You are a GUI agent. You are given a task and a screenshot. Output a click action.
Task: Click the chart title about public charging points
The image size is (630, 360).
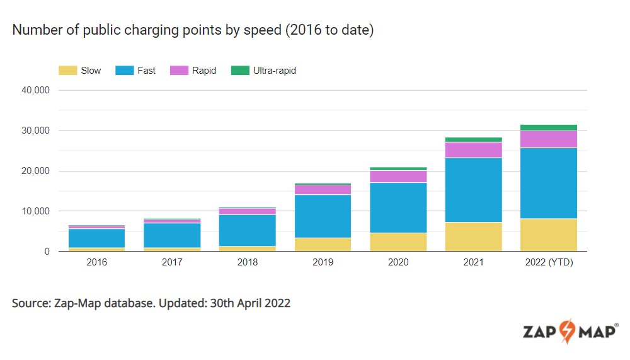tap(193, 30)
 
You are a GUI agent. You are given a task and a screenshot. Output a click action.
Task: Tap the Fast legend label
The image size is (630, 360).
tap(146, 71)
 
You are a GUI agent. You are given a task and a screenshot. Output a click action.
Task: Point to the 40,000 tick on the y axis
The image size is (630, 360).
tap(36, 90)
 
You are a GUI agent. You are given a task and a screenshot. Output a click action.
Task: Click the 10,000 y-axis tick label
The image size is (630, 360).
tap(36, 211)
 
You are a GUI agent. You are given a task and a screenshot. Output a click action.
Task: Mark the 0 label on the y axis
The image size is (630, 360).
tap(47, 252)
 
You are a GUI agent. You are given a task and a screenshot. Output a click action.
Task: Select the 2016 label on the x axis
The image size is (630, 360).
tap(96, 263)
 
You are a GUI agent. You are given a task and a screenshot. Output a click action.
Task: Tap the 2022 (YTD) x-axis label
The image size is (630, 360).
tap(548, 263)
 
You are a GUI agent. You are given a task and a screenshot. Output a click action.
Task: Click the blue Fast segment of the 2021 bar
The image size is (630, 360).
tap(472, 190)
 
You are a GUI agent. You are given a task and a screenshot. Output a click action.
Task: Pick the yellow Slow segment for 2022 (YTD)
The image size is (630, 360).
tap(548, 235)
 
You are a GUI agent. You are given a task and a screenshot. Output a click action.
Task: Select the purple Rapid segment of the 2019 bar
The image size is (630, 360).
tap(322, 190)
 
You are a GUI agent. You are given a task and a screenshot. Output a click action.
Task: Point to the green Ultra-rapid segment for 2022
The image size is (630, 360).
tap(548, 127)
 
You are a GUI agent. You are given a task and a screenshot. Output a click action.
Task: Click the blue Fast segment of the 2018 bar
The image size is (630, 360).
tap(247, 230)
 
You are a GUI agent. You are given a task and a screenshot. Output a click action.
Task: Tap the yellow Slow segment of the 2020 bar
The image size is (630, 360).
tap(398, 242)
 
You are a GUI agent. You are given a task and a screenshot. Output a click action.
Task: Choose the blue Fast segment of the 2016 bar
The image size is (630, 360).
tap(96, 238)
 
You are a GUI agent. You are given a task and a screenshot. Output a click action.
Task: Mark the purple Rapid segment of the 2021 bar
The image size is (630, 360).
tap(472, 150)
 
